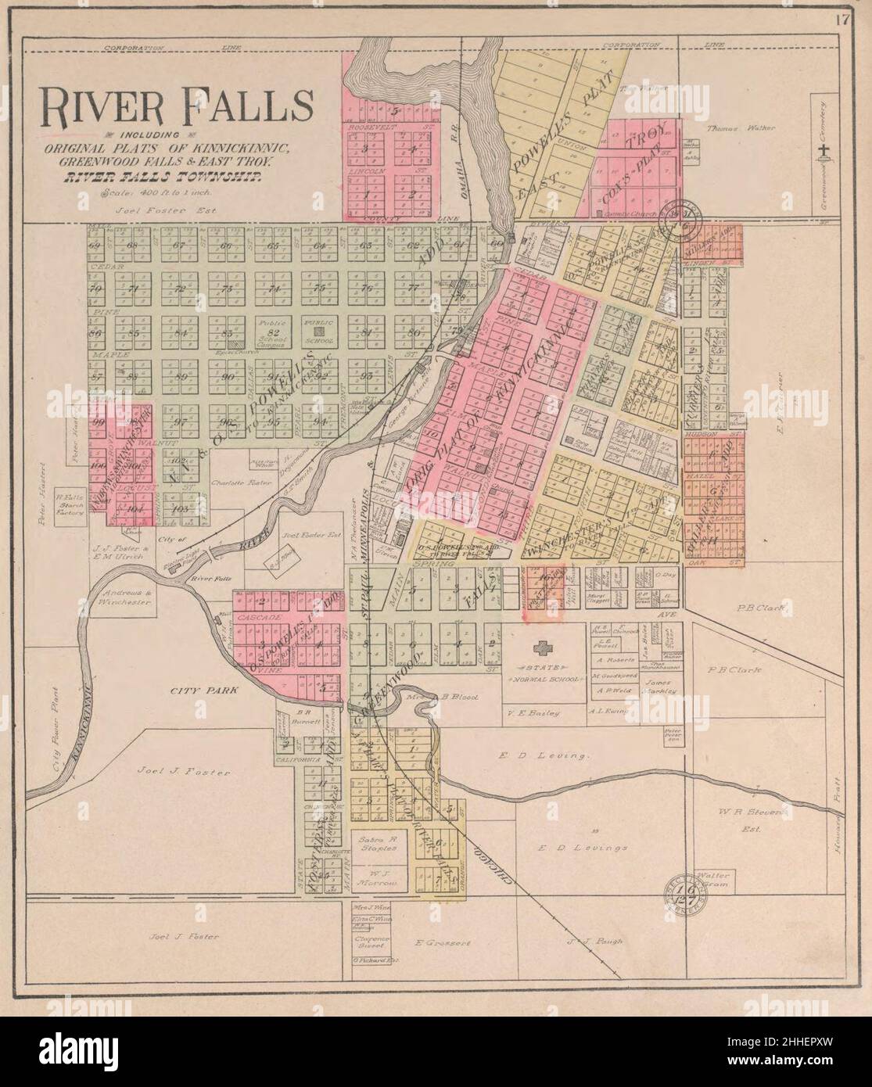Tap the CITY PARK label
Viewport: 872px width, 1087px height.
[x=195, y=691]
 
